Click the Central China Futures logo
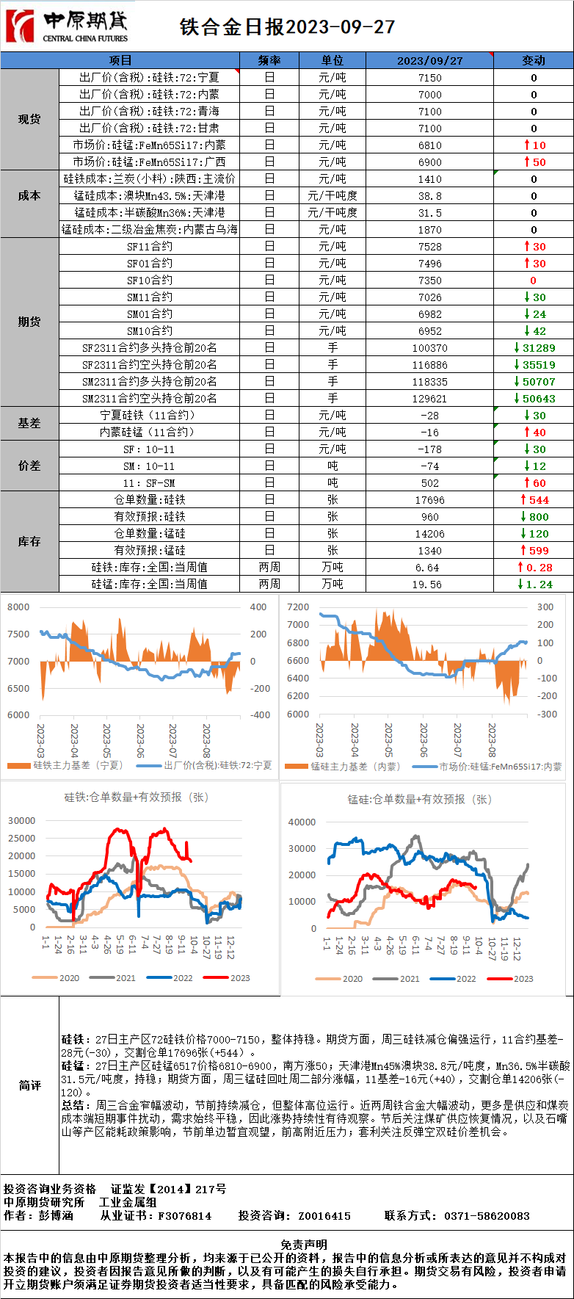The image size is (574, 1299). pyautogui.click(x=66, y=26)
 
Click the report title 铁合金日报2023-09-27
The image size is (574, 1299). pyautogui.click(x=287, y=27)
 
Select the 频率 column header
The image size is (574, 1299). pyautogui.click(x=269, y=60)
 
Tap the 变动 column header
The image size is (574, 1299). pyautogui.click(x=534, y=60)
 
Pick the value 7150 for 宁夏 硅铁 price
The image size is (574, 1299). pyautogui.click(x=430, y=78)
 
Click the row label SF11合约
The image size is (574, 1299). pyautogui.click(x=150, y=247)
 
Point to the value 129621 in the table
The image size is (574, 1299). pyautogui.click(x=430, y=399)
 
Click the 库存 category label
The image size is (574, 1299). pyautogui.click(x=29, y=541)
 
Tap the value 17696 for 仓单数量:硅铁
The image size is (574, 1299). pyautogui.click(x=430, y=500)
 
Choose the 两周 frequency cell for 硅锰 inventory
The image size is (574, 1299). pyautogui.click(x=269, y=585)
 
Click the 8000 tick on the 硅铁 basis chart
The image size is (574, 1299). pyautogui.click(x=18, y=607)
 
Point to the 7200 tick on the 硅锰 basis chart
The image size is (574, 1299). pyautogui.click(x=298, y=607)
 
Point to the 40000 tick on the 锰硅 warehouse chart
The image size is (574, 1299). pyautogui.click(x=302, y=822)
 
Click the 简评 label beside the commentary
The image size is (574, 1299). pyautogui.click(x=29, y=1085)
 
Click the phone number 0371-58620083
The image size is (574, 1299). pyautogui.click(x=487, y=1216)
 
